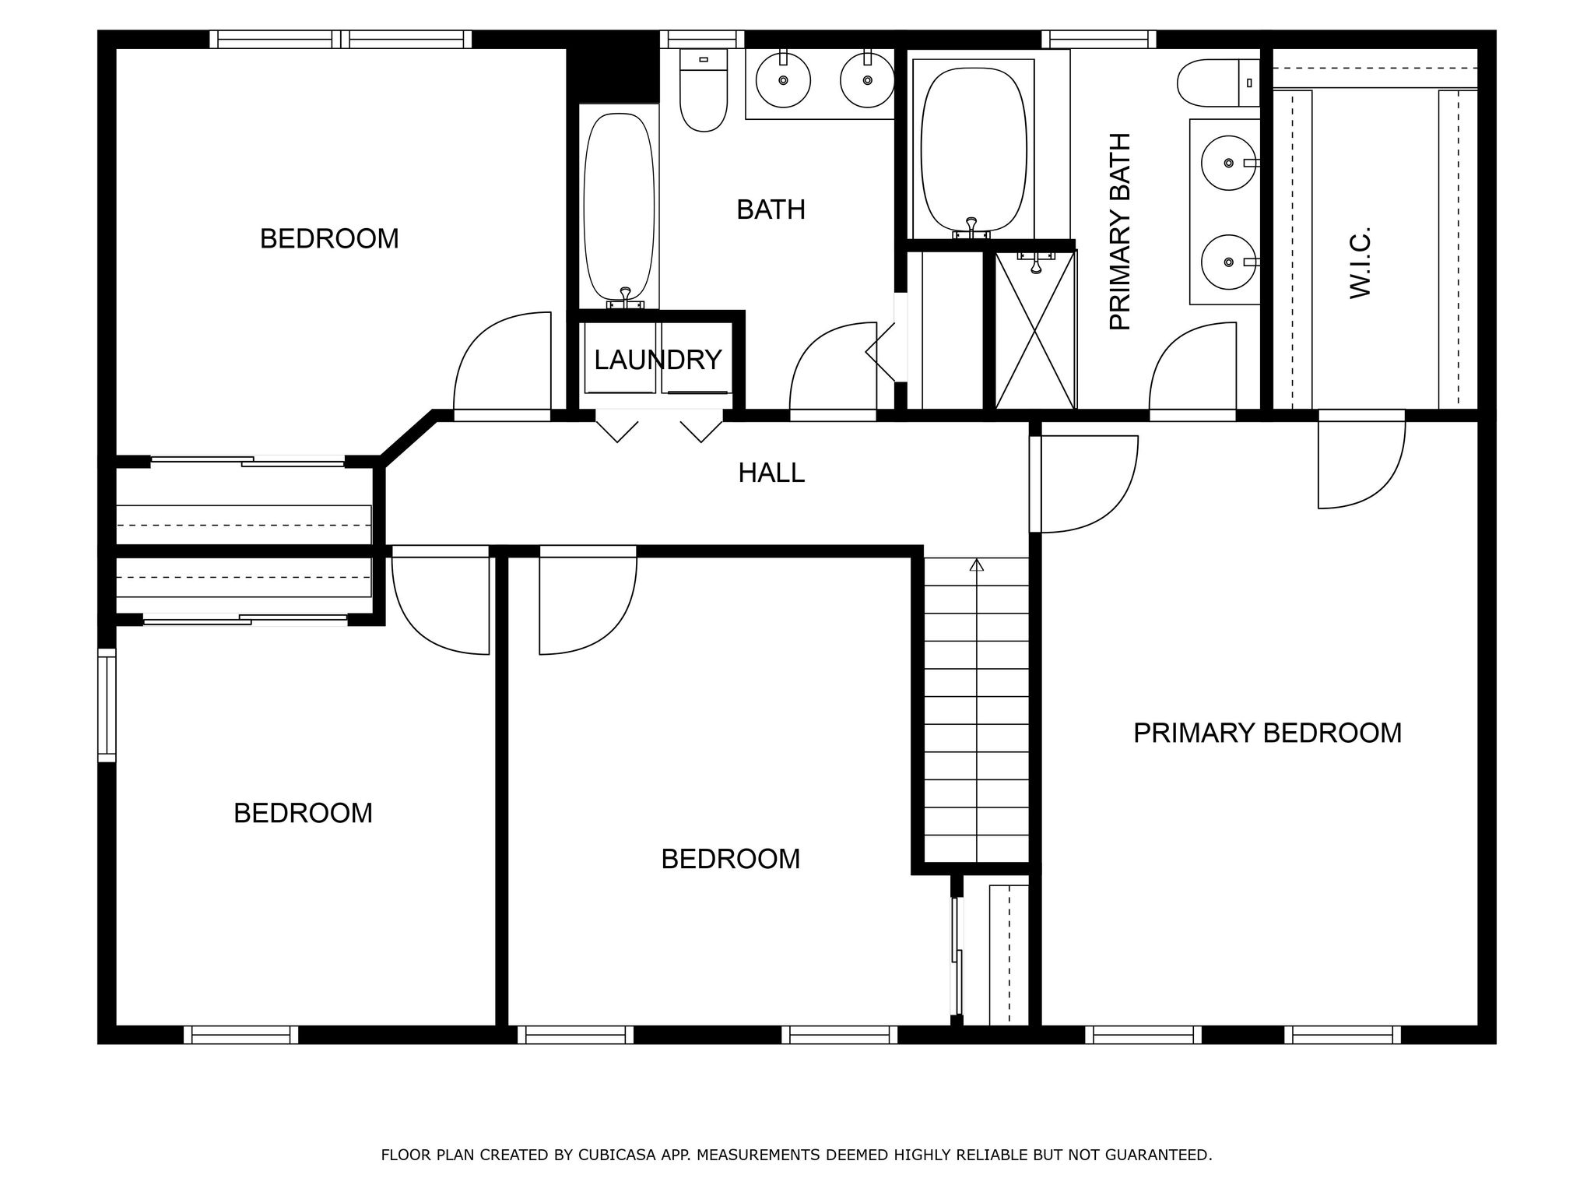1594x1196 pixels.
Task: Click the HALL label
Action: [771, 473]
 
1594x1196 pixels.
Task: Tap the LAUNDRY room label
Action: [658, 360]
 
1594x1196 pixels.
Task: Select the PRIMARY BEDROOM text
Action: [1267, 733]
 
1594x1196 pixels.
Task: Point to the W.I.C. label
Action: [1359, 262]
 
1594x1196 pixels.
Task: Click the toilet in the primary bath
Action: [1217, 83]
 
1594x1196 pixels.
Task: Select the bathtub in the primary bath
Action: [972, 148]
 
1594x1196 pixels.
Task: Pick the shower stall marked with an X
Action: [1034, 331]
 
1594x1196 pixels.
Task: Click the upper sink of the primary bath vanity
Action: [1229, 163]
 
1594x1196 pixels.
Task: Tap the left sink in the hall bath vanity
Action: [783, 79]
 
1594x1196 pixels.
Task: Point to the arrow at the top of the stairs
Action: [977, 565]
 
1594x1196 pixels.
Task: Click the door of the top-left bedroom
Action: [502, 366]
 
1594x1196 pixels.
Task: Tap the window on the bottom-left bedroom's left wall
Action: [107, 705]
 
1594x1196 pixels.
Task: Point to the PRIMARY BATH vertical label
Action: [1119, 231]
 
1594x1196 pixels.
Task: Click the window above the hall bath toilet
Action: [702, 39]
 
